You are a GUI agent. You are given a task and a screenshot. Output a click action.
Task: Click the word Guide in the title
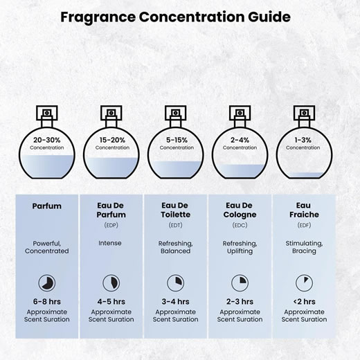(269, 17)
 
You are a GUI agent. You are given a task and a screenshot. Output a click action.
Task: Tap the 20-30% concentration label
(47, 140)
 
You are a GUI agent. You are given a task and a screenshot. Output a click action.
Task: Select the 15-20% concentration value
(112, 140)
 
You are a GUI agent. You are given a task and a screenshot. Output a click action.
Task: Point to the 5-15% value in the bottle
(177, 140)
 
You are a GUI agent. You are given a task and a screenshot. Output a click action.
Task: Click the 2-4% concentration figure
(240, 140)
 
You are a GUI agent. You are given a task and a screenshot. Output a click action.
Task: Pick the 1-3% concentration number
(303, 140)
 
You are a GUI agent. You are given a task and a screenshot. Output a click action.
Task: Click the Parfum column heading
(47, 206)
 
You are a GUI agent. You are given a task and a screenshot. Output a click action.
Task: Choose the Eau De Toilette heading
(175, 210)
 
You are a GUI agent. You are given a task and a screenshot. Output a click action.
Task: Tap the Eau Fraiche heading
(304, 210)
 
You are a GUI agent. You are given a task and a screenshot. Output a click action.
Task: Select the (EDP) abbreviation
(111, 225)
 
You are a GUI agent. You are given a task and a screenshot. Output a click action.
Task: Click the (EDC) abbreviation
(240, 225)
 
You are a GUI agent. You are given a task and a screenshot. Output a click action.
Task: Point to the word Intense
(110, 243)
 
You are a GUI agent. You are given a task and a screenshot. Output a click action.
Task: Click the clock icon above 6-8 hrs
(47, 283)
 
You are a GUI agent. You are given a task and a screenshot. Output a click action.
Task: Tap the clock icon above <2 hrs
(304, 283)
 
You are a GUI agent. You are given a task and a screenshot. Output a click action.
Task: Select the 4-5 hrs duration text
(111, 301)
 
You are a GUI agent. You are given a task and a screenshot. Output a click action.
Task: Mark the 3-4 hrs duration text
(175, 301)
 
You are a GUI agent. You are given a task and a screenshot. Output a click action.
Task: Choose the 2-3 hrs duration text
(240, 301)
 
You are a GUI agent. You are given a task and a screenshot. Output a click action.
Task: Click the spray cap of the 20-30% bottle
(47, 113)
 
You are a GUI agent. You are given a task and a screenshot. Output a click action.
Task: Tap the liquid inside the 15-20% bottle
(111, 168)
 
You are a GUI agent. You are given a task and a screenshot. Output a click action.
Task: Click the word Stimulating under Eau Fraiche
(304, 244)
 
